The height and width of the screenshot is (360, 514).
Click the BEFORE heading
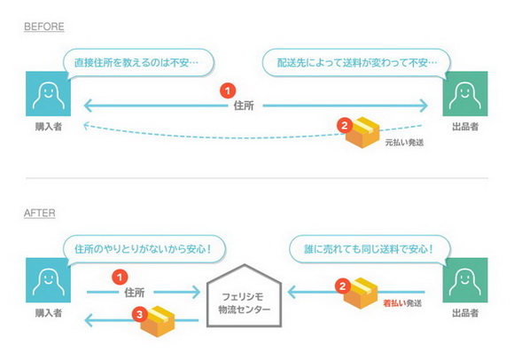pyautogui.click(x=44, y=27)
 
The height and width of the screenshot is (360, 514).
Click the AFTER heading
pyautogui.click(x=41, y=214)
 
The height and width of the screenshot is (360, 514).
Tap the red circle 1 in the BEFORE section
pyautogui.click(x=229, y=90)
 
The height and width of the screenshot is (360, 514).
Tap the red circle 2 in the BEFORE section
pyautogui.click(x=344, y=125)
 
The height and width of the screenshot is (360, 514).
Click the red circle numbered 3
pyautogui.click(x=139, y=313)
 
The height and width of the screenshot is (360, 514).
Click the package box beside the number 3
pyautogui.click(x=160, y=322)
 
